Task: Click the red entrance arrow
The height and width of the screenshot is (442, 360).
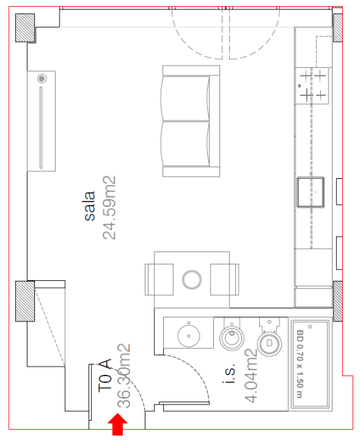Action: [x=117, y=424]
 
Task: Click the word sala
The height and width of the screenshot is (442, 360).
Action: [x=90, y=206]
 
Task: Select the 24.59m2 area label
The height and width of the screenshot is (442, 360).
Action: [x=109, y=208]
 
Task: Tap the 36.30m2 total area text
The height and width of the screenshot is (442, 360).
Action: [x=124, y=376]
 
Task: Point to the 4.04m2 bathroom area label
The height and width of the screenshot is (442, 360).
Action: [x=251, y=376]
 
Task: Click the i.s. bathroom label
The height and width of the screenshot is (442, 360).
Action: [x=229, y=373]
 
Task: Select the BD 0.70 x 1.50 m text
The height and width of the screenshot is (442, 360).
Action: [x=300, y=364]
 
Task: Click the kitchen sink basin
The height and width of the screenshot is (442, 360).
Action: [x=311, y=192]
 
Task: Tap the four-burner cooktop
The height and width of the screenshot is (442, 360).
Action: [x=312, y=86]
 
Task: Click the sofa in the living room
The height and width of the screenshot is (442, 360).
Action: [x=191, y=121]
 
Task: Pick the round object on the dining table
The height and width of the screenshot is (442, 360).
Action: [x=191, y=280]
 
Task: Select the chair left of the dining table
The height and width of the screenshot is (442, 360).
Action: [x=159, y=280]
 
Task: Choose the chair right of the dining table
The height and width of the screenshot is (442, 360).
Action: [x=225, y=280]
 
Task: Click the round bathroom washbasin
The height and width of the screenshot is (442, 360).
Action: [x=189, y=335]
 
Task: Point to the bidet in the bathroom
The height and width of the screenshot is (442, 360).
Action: [x=232, y=335]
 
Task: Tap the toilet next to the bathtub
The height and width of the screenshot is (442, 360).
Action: [x=269, y=338]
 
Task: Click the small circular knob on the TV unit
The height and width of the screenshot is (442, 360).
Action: [x=42, y=79]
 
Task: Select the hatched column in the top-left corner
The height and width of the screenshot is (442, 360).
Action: [x=25, y=28]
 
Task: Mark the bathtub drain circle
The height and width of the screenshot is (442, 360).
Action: [x=310, y=327]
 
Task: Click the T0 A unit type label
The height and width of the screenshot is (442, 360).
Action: [x=105, y=376]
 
